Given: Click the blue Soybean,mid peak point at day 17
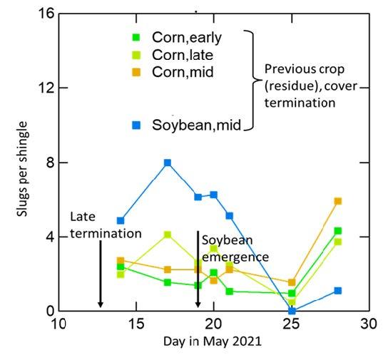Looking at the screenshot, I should point(168,163).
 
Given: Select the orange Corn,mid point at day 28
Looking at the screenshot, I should point(338,201).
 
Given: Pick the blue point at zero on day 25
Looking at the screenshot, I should point(292,311).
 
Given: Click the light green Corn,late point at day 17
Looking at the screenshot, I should point(168,235).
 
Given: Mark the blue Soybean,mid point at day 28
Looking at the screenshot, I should point(338,291).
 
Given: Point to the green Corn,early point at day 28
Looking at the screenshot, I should point(338,231).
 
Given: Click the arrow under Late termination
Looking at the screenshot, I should point(100,274).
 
